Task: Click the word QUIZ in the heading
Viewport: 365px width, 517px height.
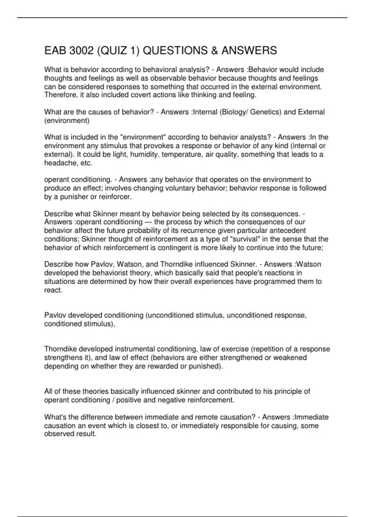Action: tap(112, 50)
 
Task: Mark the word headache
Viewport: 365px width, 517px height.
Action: tap(60, 163)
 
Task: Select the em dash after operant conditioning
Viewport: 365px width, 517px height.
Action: tap(148, 222)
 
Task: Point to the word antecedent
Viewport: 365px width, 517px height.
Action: tap(286, 231)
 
